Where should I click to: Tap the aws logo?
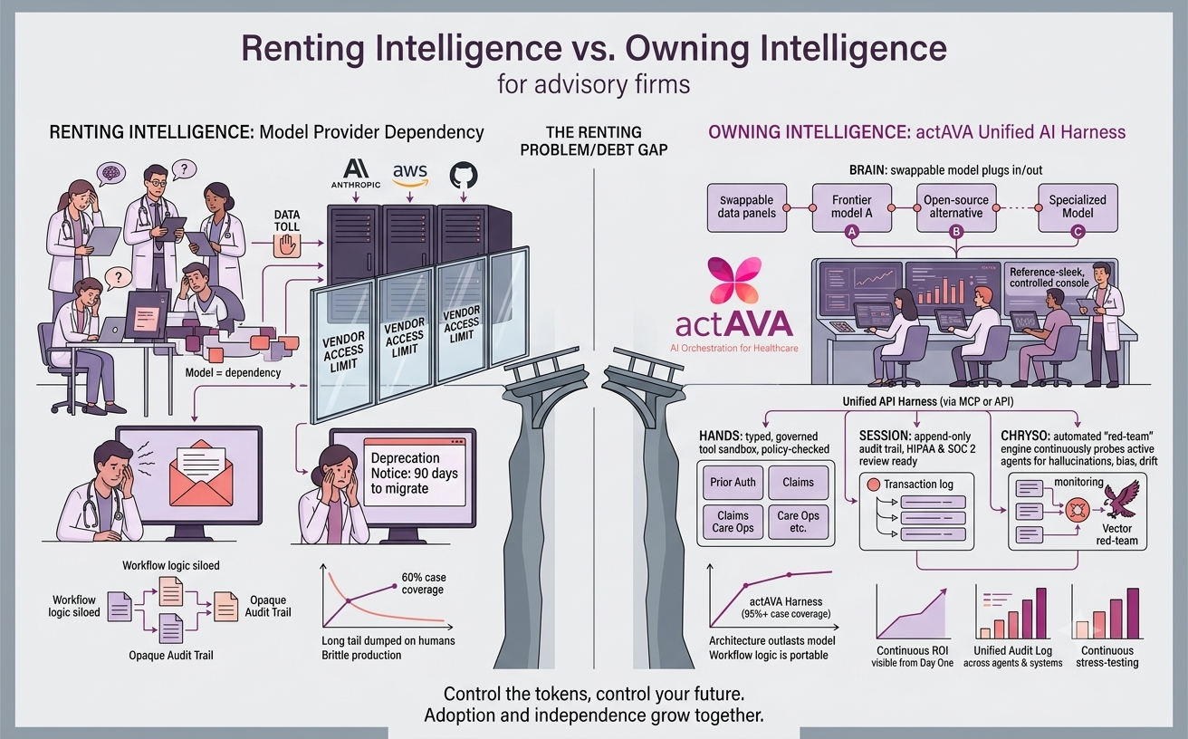(x=410, y=175)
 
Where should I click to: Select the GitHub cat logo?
(x=464, y=176)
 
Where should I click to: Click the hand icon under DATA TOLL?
(x=287, y=245)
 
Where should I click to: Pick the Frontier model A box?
(x=852, y=207)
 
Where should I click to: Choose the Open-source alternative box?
(x=956, y=207)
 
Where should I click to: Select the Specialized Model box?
(x=1078, y=207)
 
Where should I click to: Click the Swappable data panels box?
(x=747, y=207)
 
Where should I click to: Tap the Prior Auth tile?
(x=733, y=482)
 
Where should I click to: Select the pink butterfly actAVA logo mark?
(x=734, y=280)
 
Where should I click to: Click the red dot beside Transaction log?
(x=873, y=485)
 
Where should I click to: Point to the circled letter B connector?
(x=956, y=232)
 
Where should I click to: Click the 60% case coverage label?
(x=423, y=583)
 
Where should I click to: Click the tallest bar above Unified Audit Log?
(x=1041, y=613)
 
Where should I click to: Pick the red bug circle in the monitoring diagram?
(x=1078, y=511)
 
